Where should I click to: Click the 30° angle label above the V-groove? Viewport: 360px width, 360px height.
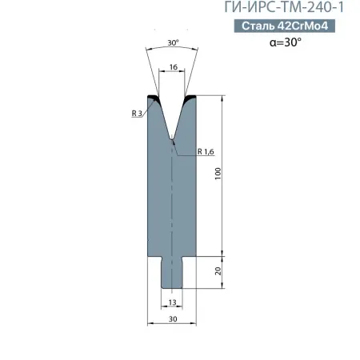tap(172, 42)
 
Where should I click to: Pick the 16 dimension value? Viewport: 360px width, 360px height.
tap(172, 70)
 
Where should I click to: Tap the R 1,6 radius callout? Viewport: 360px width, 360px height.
tap(206, 150)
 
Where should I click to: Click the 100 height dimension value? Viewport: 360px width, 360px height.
tap(217, 174)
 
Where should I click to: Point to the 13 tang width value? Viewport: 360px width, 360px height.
tap(172, 302)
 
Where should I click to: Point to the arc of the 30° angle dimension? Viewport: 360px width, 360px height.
tap(172, 50)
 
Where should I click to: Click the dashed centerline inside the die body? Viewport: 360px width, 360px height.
tap(172, 200)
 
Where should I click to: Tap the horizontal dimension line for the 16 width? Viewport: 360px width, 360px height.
tap(172, 77)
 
